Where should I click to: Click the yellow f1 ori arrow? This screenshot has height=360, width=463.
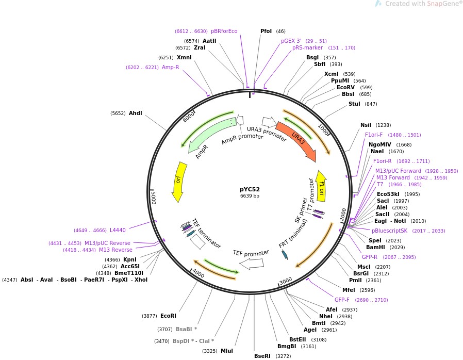[x=321, y=185]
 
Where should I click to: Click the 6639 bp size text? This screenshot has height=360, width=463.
[x=250, y=196]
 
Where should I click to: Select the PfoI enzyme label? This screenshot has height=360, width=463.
[x=266, y=31]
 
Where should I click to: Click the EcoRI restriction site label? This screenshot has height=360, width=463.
[x=168, y=316]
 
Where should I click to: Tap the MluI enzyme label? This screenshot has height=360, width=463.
[x=227, y=351]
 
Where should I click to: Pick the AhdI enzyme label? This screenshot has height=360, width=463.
[x=135, y=113]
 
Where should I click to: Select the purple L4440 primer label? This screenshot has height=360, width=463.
[x=118, y=230]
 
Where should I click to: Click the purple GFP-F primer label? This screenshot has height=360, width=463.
[x=342, y=300]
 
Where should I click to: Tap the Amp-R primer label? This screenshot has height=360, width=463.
[x=170, y=67]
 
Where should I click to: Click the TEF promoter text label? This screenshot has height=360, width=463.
[x=251, y=253]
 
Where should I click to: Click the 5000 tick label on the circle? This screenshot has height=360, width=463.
[x=153, y=197]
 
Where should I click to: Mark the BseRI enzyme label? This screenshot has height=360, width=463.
[x=262, y=356]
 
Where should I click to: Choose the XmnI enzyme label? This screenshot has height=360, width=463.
[x=184, y=57]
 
